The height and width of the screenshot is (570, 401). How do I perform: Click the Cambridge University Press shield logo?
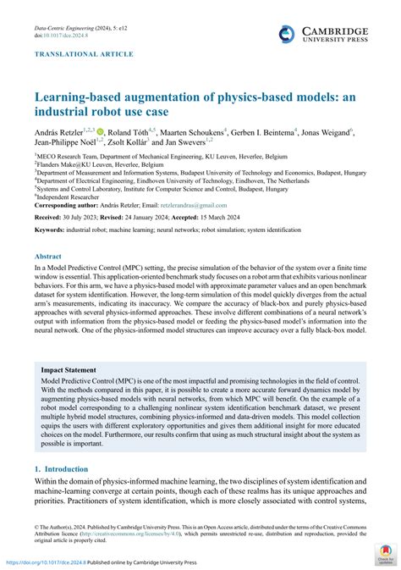[285, 33]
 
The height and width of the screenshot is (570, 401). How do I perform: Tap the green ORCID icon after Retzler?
[101, 132]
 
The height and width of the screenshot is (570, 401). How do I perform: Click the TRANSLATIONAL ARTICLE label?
[83, 54]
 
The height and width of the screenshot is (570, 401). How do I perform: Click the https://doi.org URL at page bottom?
[43, 562]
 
